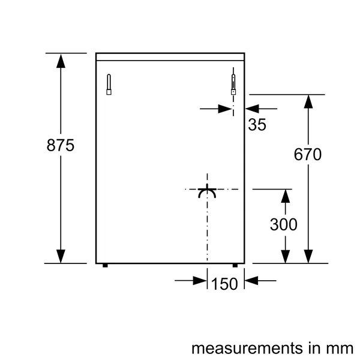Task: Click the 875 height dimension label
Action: tap(60, 146)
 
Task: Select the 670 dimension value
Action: tap(308, 155)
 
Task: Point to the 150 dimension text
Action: tap(225, 284)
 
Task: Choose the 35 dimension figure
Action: tap(256, 125)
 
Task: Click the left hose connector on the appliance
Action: tap(109, 85)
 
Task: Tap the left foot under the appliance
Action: tap(106, 265)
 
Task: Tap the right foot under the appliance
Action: tap(235, 265)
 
